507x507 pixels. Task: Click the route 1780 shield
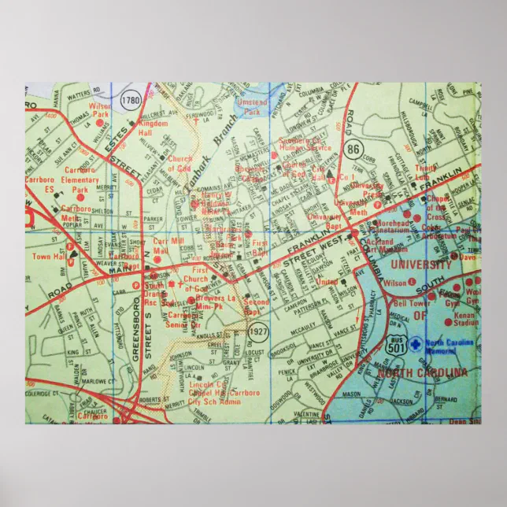point(131,100)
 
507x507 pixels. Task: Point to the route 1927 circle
point(257,333)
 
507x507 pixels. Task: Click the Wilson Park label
point(100,110)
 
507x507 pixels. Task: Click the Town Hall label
point(46,257)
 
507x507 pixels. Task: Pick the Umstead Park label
point(252,107)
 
